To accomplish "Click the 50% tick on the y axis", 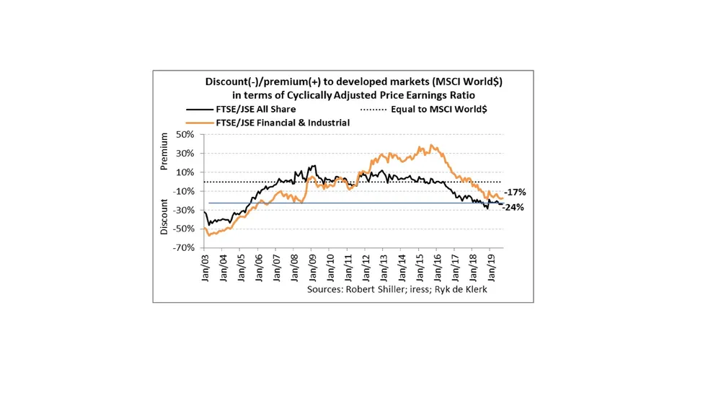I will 185,135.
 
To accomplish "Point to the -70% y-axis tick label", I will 184,247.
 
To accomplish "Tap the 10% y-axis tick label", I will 185,172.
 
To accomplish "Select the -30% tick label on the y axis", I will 184,210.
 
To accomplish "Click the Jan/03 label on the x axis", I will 205,268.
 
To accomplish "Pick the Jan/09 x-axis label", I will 312,268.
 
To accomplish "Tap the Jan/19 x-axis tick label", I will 491,268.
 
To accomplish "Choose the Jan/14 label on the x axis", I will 402,268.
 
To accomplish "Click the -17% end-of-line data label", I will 516,192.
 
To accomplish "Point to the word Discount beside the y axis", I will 164,216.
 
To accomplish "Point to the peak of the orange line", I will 430,145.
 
